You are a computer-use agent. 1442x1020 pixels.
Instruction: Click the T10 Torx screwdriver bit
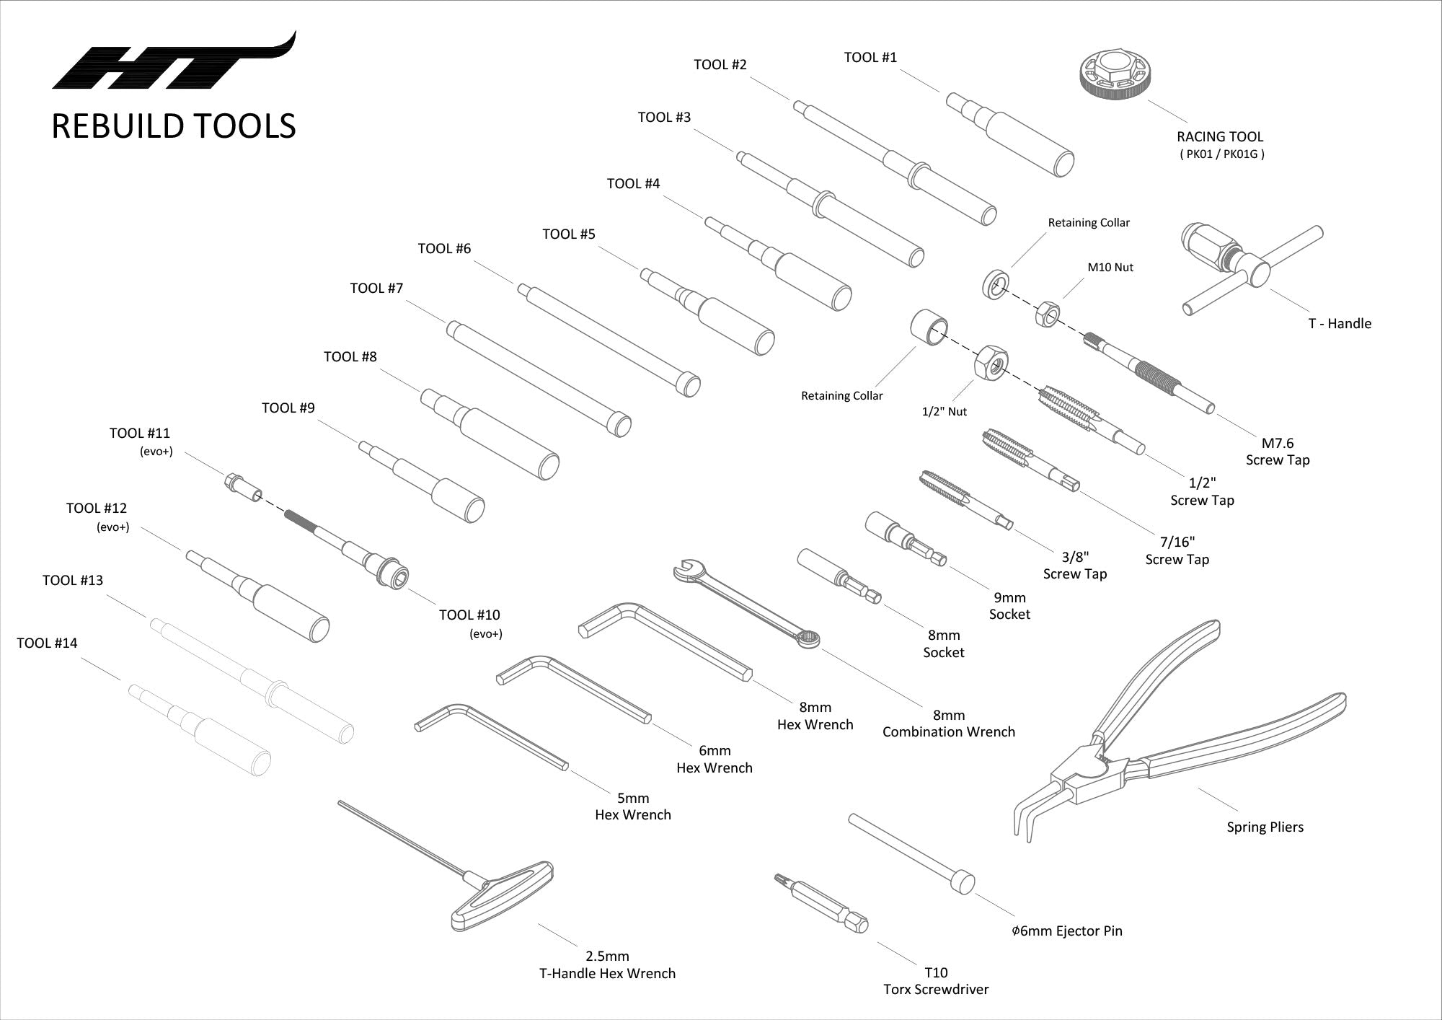click(x=826, y=902)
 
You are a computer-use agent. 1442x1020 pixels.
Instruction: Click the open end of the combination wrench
click(x=685, y=570)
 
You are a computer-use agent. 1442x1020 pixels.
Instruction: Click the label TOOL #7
click(x=376, y=289)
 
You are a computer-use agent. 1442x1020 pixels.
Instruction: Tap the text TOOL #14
click(x=47, y=643)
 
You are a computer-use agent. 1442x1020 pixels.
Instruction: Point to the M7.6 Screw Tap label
click(x=1278, y=452)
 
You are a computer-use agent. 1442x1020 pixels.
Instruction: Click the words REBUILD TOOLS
click(x=174, y=126)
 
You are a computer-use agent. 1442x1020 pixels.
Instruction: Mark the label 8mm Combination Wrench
click(x=948, y=724)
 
